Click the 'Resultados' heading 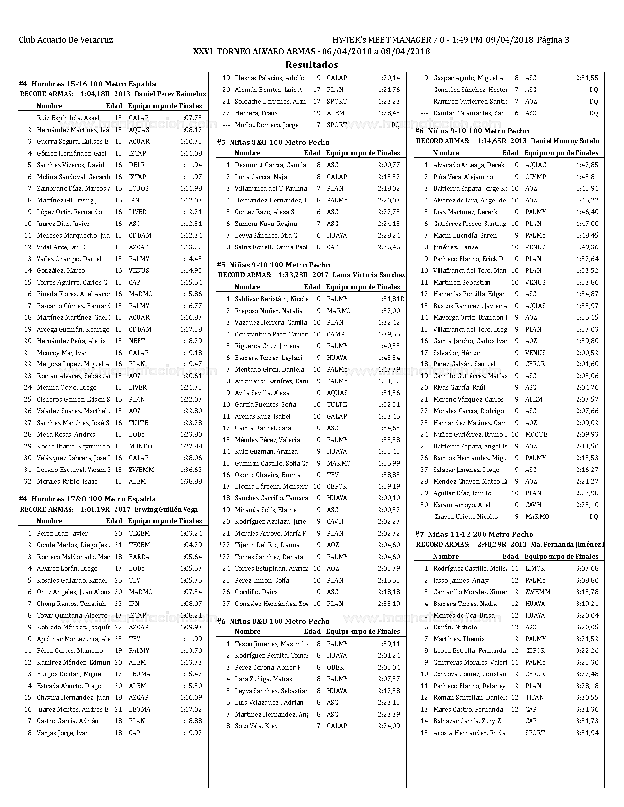click(312, 65)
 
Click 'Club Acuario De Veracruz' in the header click(66, 40)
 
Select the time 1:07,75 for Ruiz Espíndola click(191, 118)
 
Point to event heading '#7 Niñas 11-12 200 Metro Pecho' click(474, 534)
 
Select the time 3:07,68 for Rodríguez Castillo click(587, 568)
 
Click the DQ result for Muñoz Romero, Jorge click(395, 125)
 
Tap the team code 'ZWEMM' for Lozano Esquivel click(141, 470)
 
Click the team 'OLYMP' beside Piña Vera click(535, 177)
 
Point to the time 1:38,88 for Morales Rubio click(191, 481)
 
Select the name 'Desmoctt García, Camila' click(271, 165)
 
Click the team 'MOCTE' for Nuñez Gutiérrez click(536, 434)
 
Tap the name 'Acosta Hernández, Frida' click(469, 733)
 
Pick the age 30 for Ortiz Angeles click(118, 592)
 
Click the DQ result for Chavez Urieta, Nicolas click(594, 516)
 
